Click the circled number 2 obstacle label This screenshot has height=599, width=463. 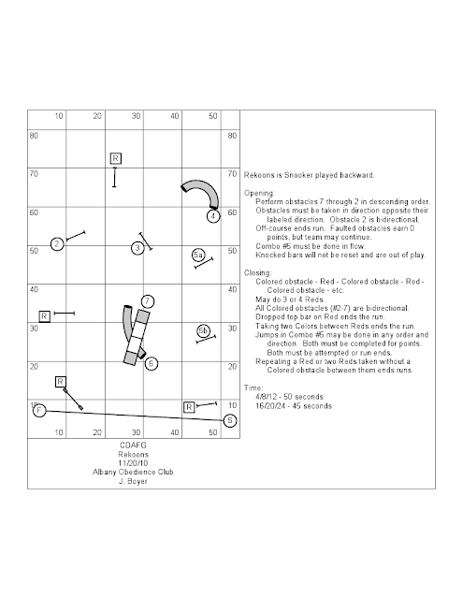click(57, 244)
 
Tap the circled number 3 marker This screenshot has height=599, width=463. click(137, 248)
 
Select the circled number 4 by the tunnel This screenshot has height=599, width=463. click(213, 216)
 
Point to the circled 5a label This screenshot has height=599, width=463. click(197, 255)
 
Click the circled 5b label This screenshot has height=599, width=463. click(203, 330)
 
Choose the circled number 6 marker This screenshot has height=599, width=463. click(152, 363)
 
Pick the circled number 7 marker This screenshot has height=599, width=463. click(148, 301)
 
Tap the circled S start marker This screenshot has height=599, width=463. click(230, 420)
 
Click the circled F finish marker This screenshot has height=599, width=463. click(39, 411)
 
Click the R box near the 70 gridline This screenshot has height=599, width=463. click(116, 158)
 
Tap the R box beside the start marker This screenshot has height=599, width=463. click(189, 407)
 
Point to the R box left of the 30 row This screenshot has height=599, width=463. click(45, 316)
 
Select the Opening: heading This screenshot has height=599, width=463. click(259, 193)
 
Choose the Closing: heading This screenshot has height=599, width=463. click(258, 272)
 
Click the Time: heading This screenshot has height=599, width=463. click(253, 387)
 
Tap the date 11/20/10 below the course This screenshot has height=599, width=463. click(133, 463)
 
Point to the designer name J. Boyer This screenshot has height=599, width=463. click(133, 481)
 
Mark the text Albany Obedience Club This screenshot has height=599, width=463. click(133, 472)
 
